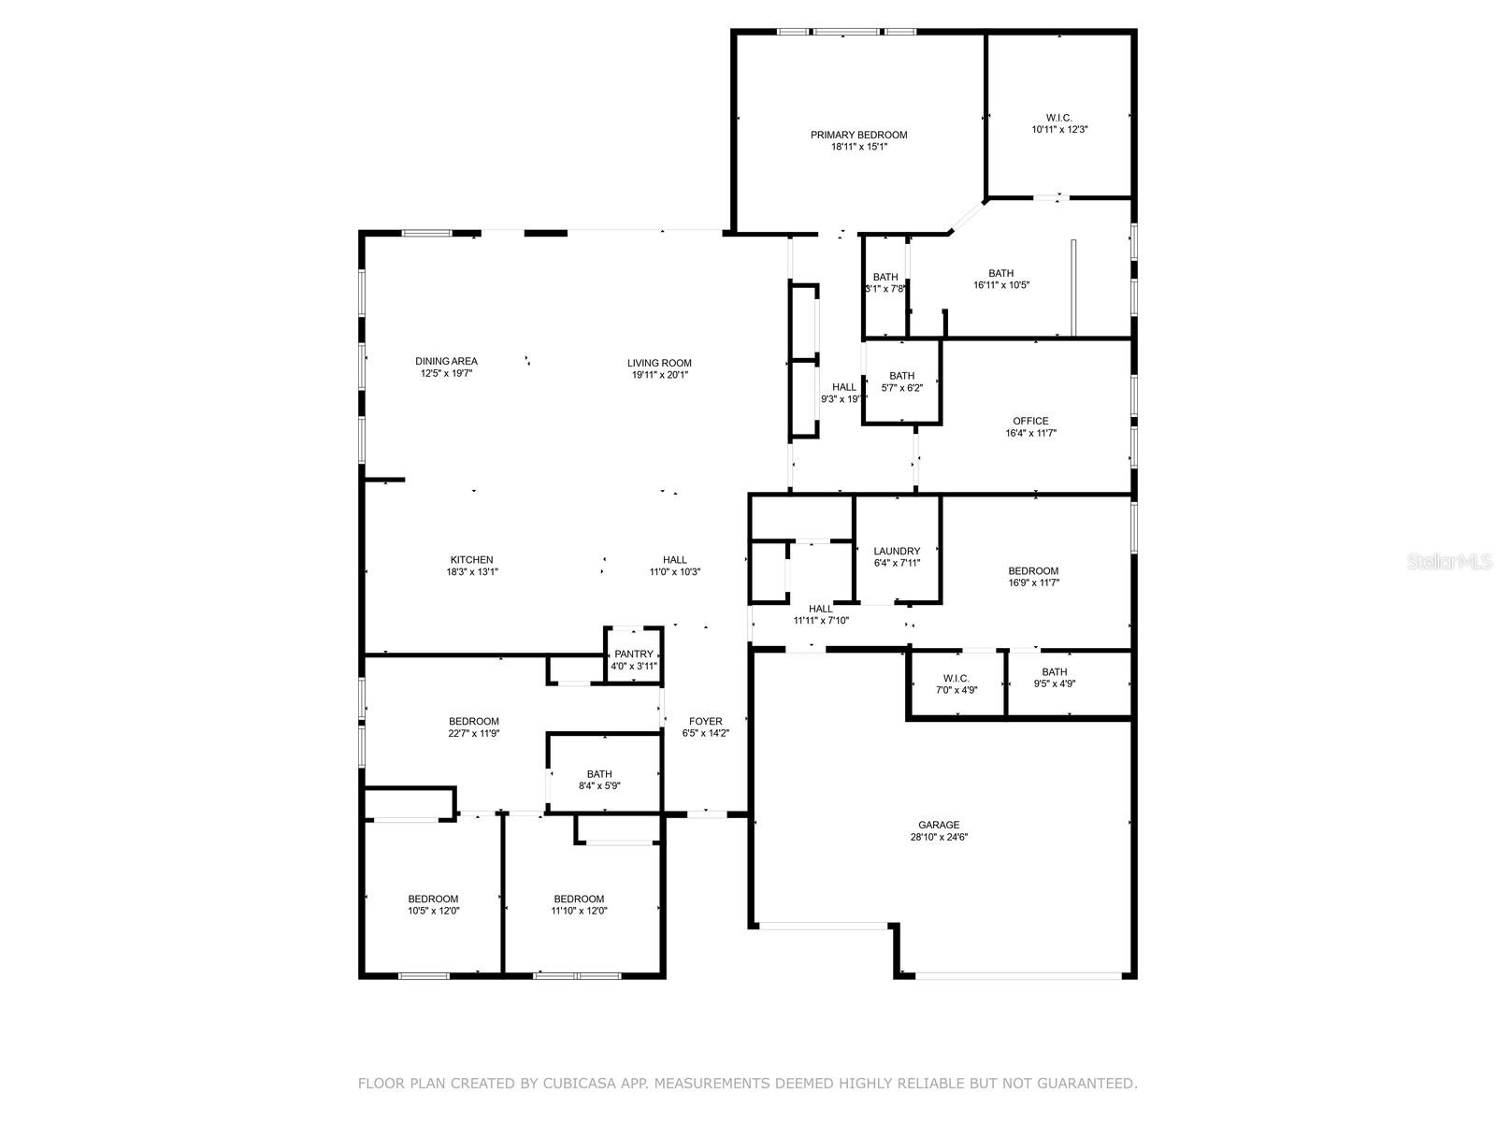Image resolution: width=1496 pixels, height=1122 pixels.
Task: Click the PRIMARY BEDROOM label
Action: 858,135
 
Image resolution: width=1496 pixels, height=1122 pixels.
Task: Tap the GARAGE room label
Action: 939,825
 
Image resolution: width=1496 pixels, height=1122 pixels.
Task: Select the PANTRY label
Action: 633,654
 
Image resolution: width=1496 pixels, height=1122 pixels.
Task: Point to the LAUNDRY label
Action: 897,551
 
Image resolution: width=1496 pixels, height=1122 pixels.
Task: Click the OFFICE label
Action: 1030,421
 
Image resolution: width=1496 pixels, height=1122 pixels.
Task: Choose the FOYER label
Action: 705,722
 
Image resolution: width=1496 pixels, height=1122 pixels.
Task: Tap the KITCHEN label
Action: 471,560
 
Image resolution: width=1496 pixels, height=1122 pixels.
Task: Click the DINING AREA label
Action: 446,361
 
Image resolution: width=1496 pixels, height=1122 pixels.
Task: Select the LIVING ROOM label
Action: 659,363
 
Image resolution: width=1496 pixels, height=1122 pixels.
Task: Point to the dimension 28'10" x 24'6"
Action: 939,837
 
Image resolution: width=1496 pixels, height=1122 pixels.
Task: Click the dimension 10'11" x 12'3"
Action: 1059,129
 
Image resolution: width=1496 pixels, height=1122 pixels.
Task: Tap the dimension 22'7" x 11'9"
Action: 474,734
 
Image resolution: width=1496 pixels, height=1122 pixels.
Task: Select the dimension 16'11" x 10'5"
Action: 1001,285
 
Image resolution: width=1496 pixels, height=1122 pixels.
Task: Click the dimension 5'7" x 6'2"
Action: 901,388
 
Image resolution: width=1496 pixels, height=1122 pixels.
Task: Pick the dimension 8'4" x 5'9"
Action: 599,786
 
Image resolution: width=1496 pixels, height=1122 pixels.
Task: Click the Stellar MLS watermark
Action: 1449,561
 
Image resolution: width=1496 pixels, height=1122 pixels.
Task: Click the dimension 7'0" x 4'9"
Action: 957,690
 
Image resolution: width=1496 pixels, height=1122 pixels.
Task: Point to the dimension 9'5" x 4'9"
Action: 1055,684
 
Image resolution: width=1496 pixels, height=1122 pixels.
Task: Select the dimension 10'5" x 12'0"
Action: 434,911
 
